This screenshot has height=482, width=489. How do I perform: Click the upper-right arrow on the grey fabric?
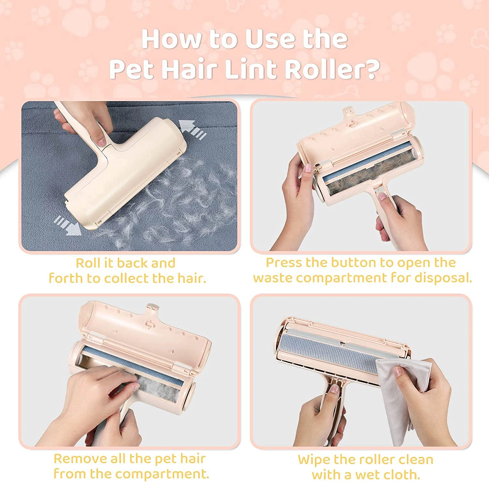[x=192, y=129]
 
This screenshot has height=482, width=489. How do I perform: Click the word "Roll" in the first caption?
[x=88, y=263]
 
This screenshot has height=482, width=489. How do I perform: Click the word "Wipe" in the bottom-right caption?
[x=314, y=459]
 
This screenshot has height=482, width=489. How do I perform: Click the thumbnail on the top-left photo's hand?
[x=101, y=141]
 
